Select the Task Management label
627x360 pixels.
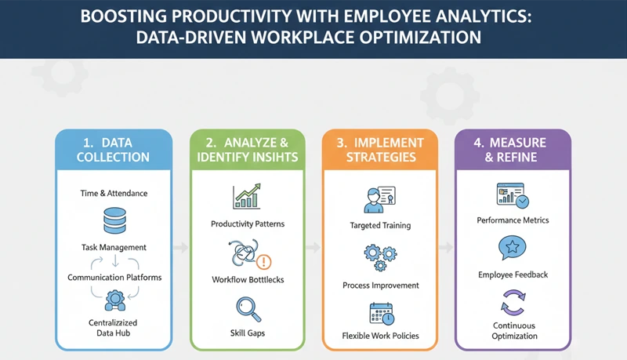(x=114, y=247)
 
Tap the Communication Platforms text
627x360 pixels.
(x=114, y=276)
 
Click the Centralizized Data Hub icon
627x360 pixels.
(x=114, y=298)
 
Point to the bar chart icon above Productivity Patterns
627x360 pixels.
(x=247, y=196)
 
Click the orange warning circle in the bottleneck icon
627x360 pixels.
(x=263, y=261)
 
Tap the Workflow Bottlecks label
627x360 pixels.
(x=247, y=279)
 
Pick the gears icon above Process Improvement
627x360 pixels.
(x=380, y=256)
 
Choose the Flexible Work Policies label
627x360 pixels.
(x=380, y=336)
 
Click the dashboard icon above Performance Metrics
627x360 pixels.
(x=513, y=194)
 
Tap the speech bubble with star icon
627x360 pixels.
(x=513, y=249)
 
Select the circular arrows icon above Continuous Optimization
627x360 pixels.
(x=513, y=302)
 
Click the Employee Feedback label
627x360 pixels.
(x=513, y=275)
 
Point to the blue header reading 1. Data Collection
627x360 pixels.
(x=114, y=150)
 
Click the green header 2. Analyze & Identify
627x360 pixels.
(x=247, y=150)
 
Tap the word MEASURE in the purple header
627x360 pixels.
(x=517, y=142)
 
